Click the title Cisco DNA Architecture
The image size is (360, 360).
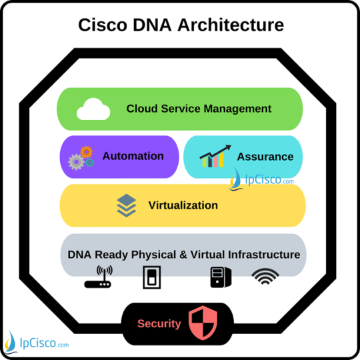(181, 25)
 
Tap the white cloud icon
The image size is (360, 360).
(93, 109)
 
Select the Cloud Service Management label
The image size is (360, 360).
(199, 109)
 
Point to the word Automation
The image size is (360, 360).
(133, 156)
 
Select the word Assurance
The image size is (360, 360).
(265, 157)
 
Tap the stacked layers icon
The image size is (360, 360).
(126, 205)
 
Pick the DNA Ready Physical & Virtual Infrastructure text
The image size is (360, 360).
(184, 255)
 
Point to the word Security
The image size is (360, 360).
(159, 324)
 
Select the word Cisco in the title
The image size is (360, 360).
(101, 25)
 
